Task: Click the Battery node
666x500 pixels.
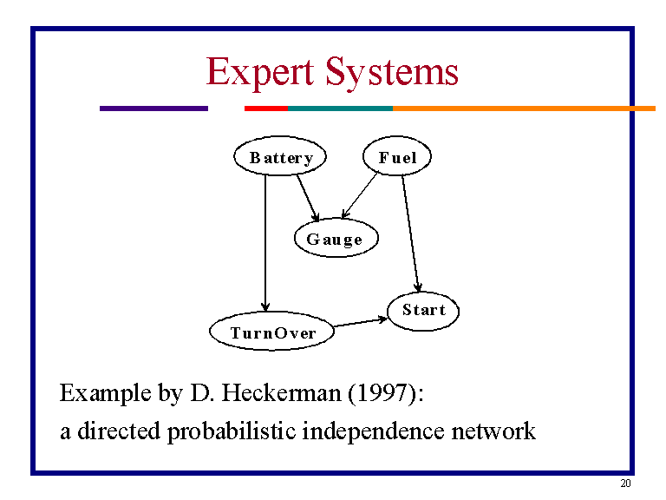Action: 280,157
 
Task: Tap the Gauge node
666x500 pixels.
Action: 336,239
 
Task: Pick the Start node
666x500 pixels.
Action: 423,310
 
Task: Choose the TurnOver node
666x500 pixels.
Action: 272,332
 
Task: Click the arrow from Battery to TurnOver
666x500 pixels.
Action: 266,243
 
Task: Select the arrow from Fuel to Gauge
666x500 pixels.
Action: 361,195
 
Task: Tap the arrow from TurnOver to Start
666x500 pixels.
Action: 360,322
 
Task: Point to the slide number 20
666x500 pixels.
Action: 625,484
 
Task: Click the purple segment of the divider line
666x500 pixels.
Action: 153,109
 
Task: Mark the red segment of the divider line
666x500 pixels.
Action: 265,109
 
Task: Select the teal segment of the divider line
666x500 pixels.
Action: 340,109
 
